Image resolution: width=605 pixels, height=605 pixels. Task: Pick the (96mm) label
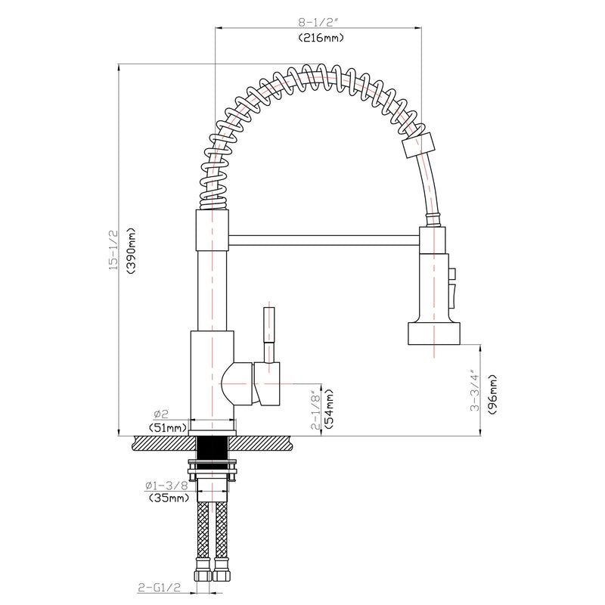(x=492, y=389)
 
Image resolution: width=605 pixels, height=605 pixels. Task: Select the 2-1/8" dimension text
(x=316, y=408)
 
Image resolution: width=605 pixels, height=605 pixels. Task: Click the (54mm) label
(x=330, y=408)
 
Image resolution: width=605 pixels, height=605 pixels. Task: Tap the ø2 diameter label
(x=160, y=414)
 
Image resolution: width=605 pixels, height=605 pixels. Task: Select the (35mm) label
(x=167, y=498)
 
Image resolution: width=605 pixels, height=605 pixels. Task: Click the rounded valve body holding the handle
(x=242, y=382)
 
